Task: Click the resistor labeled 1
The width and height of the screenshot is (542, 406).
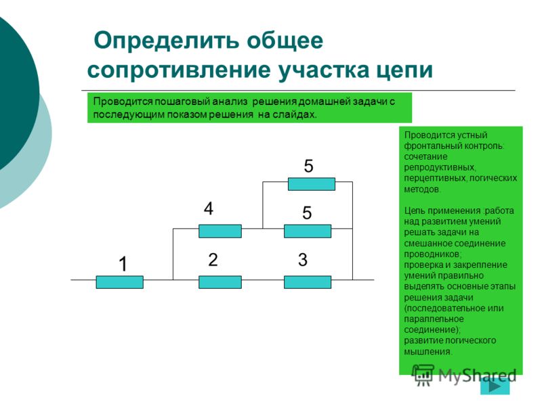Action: (x=120, y=282)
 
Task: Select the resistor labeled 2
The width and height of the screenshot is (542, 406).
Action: (x=220, y=282)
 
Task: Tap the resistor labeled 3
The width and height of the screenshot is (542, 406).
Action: (x=308, y=282)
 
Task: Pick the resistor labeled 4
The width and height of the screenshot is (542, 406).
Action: (x=220, y=231)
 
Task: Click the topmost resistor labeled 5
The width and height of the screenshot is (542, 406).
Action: (x=312, y=184)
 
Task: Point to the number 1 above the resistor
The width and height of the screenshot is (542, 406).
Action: (x=123, y=264)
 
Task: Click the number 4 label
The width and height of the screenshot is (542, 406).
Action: (x=209, y=208)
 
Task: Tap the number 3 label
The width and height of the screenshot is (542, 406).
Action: (x=303, y=260)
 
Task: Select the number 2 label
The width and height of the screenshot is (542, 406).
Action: (x=213, y=260)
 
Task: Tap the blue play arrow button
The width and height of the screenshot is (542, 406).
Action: (x=495, y=386)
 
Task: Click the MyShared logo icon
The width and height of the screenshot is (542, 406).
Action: (x=422, y=375)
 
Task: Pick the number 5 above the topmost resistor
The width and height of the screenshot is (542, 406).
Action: (x=309, y=166)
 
